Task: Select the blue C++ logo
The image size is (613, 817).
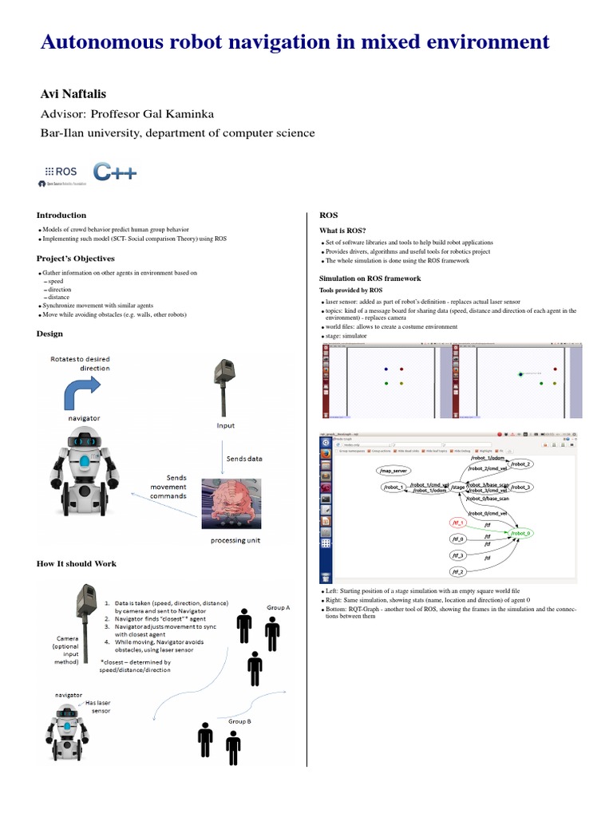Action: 113,172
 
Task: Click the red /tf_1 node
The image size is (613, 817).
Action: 458,522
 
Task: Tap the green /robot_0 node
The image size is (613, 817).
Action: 520,532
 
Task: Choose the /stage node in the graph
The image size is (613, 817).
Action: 457,487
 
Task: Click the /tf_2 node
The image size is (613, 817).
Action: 457,572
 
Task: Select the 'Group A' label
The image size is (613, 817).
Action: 278,607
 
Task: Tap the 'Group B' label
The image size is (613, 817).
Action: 241,720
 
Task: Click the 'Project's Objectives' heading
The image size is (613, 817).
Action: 76,259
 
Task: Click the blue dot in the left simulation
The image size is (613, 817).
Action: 386,369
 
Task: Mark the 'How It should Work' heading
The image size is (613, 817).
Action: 77,563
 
